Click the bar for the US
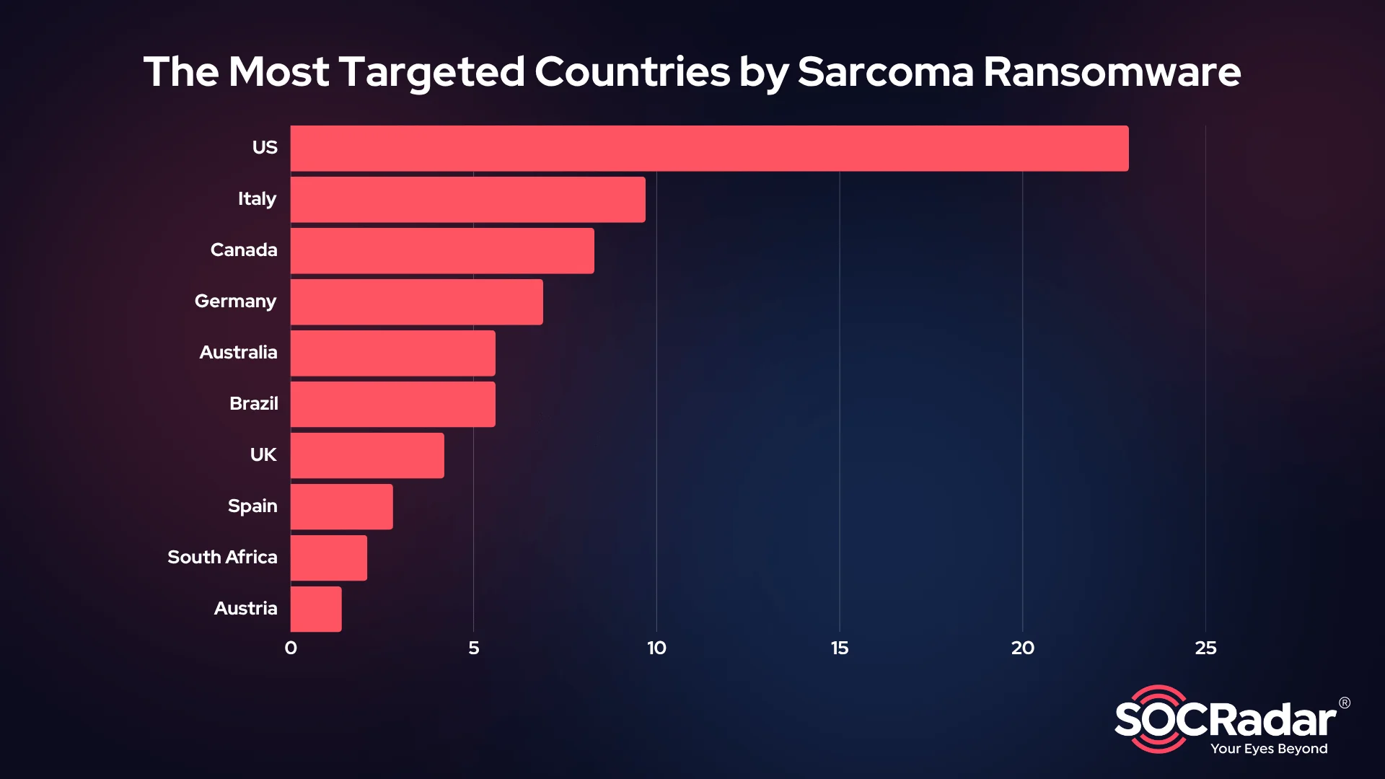(709, 149)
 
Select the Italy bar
(467, 200)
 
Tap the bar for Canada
(442, 251)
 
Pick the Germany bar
(416, 302)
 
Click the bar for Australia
(392, 353)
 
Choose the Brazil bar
(392, 405)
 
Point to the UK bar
(367, 456)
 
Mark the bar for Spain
(341, 507)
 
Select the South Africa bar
(328, 558)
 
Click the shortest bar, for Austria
(316, 609)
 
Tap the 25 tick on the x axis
(1205, 648)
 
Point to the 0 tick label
(291, 648)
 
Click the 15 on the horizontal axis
(840, 648)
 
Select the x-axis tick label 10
(656, 648)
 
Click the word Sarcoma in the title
(885, 72)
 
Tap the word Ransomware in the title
(1112, 72)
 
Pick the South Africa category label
(222, 558)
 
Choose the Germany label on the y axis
(235, 302)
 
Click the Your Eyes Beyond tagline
(1269, 749)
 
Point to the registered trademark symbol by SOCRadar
(1345, 703)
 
